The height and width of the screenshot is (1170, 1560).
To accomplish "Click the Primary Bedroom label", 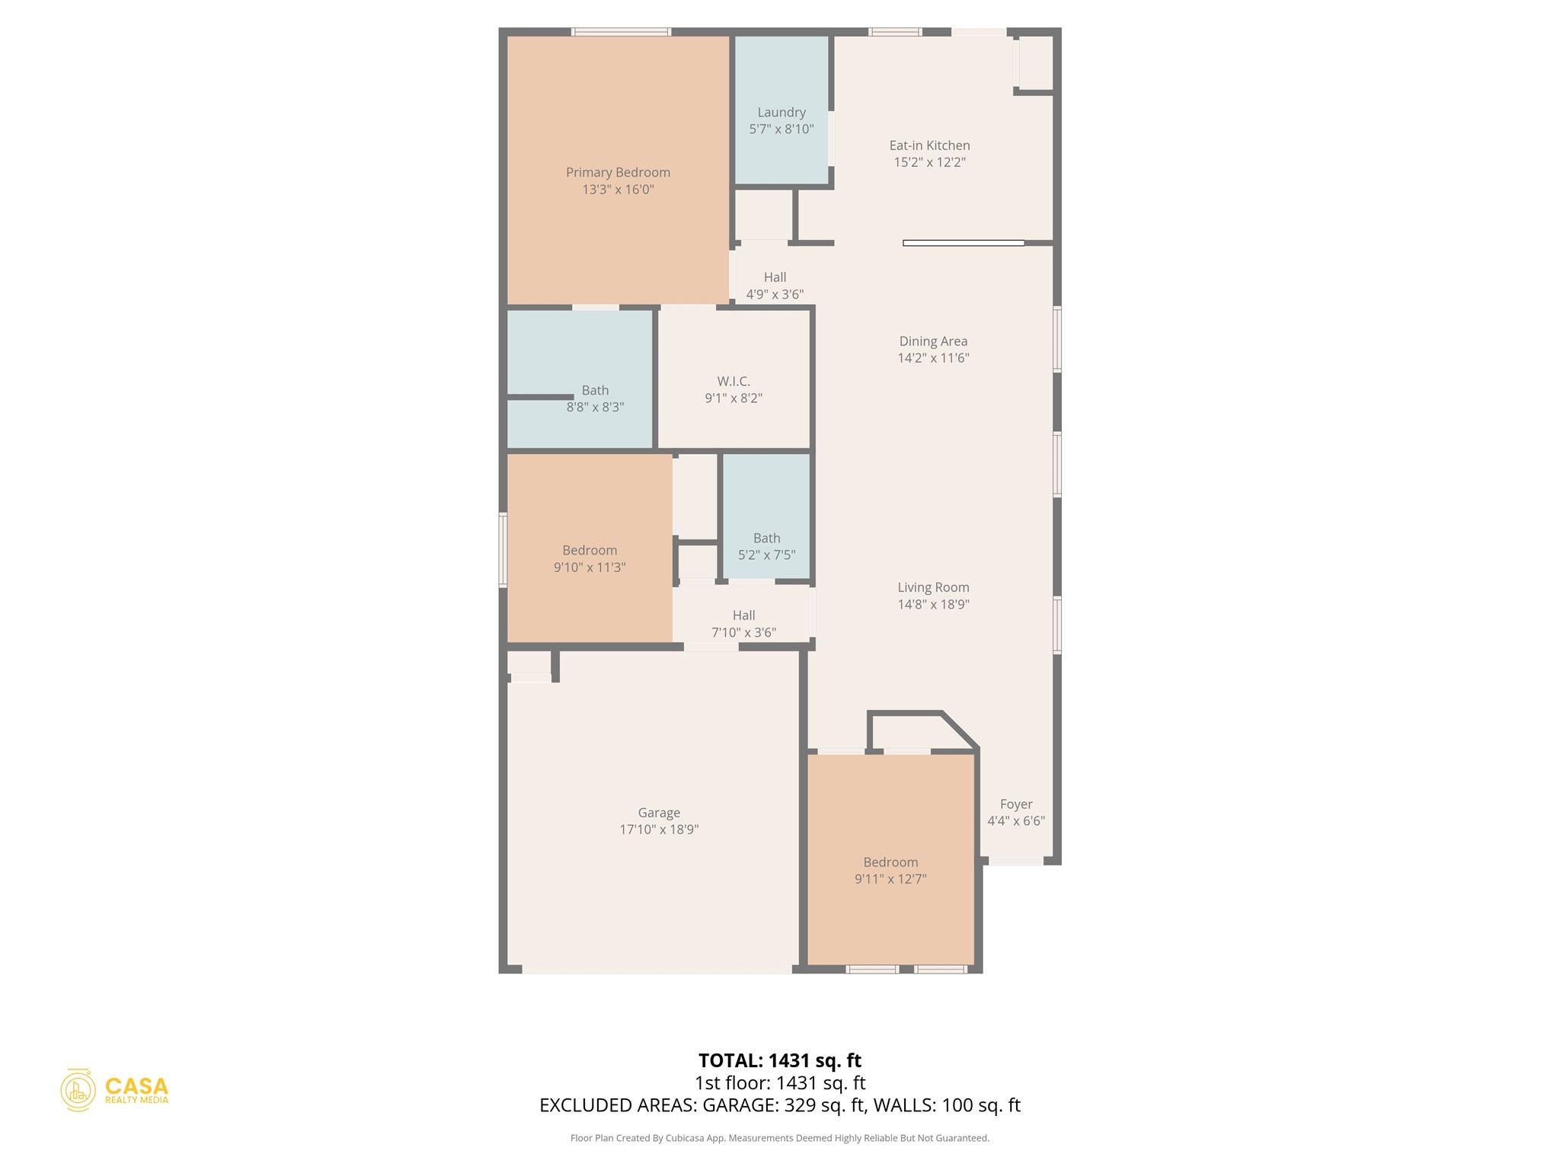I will pos(618,173).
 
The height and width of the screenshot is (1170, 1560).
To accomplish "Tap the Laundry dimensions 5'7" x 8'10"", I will pos(782,129).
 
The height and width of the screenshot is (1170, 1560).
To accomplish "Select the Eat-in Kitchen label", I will pos(929,145).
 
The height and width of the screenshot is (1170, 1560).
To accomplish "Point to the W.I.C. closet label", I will pos(734,381).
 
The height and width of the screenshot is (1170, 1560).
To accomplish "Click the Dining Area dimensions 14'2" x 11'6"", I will pos(933,358).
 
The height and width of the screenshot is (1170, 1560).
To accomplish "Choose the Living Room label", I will pos(933,587).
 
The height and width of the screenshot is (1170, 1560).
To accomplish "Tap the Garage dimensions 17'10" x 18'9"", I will pos(659,830).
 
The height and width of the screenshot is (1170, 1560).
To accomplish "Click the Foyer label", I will pos(1016,804).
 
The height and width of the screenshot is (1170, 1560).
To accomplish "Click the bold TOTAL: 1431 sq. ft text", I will pos(779,1060).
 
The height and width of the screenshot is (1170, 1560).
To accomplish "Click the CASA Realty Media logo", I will pos(115,1090).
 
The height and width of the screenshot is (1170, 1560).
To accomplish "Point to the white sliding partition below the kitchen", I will pos(963,243).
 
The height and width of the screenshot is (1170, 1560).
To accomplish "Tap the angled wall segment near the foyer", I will pos(961,730).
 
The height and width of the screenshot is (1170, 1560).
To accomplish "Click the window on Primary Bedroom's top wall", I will pos(621,32).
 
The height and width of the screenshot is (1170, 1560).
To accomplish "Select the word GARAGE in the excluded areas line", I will pos(740,1105).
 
